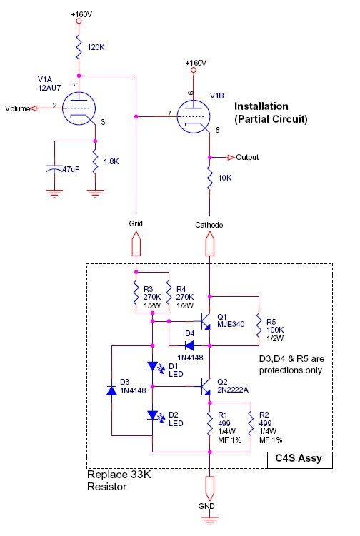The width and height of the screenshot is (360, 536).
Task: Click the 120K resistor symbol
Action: point(79,47)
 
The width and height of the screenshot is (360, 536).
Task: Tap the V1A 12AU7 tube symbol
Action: point(79,108)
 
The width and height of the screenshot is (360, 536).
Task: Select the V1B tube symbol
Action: point(194,116)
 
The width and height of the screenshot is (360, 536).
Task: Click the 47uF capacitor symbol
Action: point(54,168)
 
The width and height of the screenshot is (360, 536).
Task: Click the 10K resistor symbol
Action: point(210,178)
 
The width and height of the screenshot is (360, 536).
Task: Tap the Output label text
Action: point(247,157)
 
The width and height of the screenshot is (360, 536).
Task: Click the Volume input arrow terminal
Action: point(34,108)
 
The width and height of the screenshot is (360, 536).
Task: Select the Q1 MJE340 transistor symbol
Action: point(205,321)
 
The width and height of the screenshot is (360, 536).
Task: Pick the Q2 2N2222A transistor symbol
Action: point(205,387)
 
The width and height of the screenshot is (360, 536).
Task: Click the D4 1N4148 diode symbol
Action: point(189,346)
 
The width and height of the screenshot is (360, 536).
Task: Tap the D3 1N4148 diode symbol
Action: point(111,390)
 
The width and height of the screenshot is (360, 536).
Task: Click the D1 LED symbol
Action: point(154,367)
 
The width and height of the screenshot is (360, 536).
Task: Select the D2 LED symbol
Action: point(154,416)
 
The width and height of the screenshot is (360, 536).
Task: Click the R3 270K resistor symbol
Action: point(136,293)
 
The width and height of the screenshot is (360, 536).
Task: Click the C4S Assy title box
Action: point(299,460)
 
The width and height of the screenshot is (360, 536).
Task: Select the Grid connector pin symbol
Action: point(136,243)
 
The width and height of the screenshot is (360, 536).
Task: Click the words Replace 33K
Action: point(119,475)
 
